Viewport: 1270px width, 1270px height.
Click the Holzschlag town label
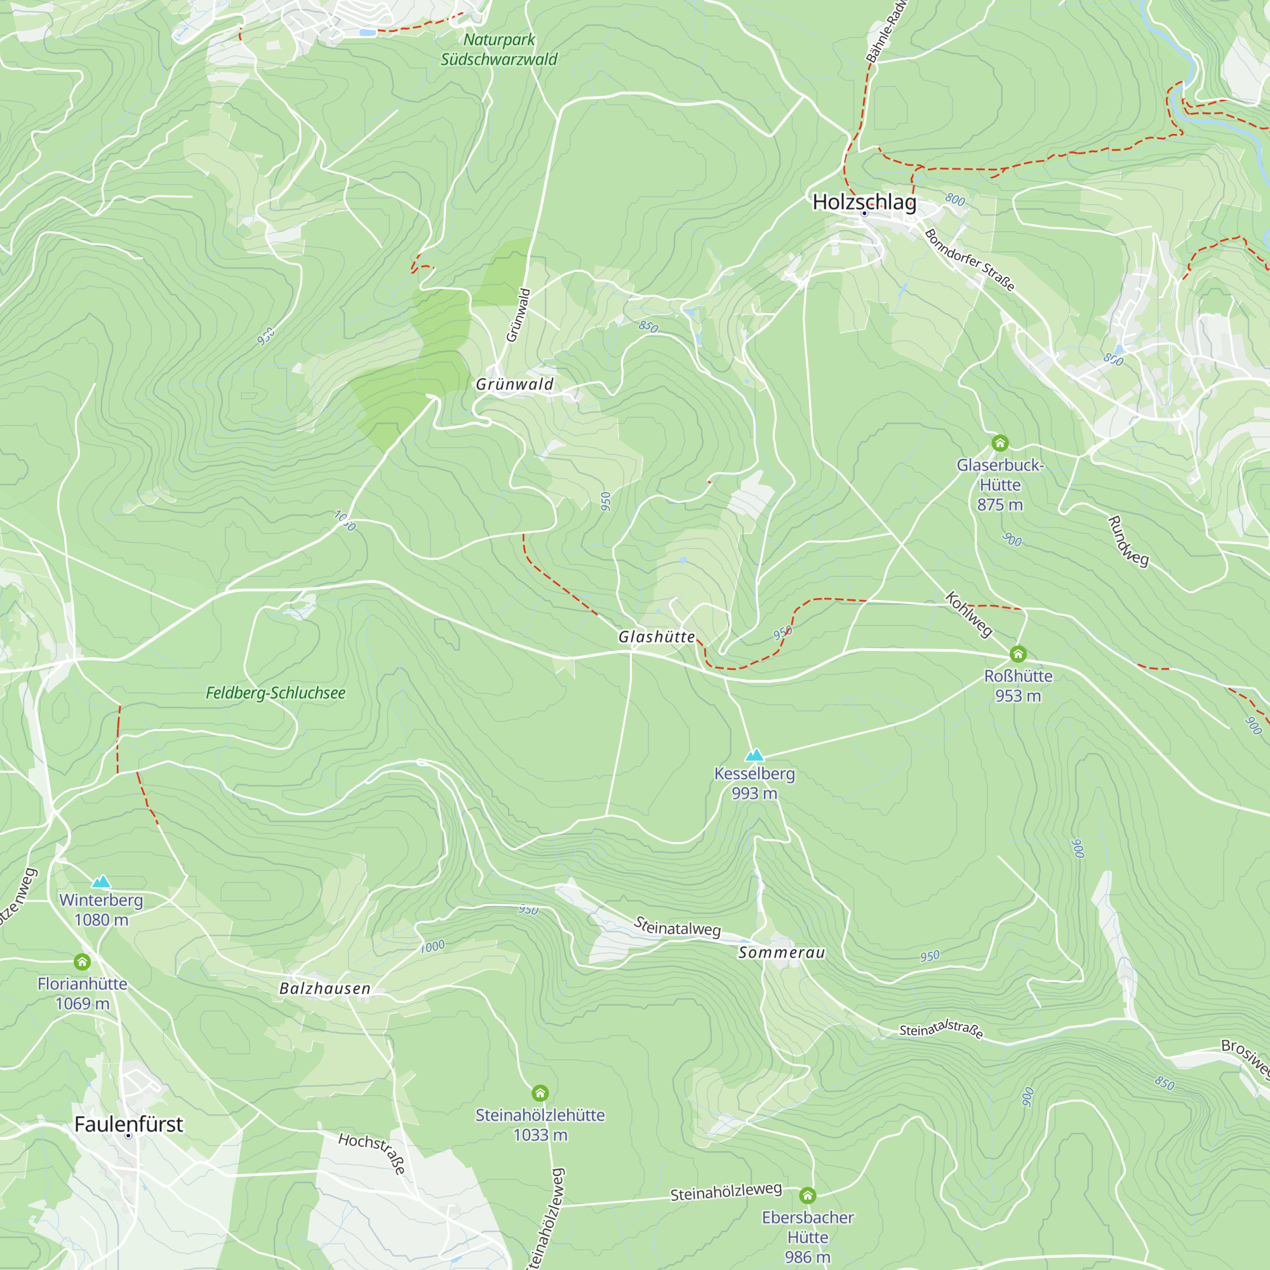[x=864, y=202]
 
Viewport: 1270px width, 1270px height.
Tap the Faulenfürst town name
[x=128, y=1124]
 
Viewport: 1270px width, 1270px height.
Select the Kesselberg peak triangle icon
[x=754, y=754]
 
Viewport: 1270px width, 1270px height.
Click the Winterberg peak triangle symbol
[x=100, y=881]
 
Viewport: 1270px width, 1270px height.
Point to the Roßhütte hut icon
[x=1017, y=653]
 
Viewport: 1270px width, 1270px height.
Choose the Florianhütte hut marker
[x=82, y=961]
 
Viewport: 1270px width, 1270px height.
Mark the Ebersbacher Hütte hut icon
[x=807, y=1195]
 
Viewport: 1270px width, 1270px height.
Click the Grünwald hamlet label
[x=515, y=384]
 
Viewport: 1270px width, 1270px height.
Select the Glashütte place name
[x=656, y=636]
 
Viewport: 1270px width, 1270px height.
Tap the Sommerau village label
[x=781, y=952]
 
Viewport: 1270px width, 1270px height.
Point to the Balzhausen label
[x=324, y=988]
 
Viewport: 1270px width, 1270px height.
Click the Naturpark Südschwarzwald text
[x=499, y=50]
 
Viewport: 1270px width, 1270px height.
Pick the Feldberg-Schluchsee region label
[x=276, y=693]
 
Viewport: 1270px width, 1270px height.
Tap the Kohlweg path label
[x=968, y=614]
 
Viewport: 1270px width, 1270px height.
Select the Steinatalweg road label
[x=677, y=928]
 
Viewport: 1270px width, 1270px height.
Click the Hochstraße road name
[x=372, y=1153]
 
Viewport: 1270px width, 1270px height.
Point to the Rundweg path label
[x=1128, y=541]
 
